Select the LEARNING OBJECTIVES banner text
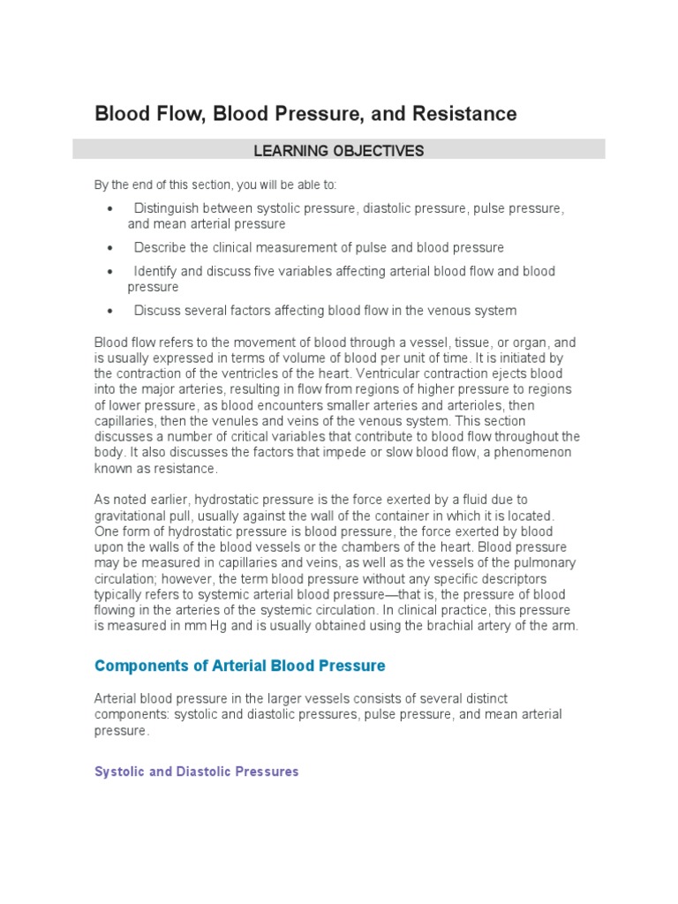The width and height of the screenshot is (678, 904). (x=339, y=151)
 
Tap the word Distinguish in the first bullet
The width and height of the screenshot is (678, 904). (x=167, y=208)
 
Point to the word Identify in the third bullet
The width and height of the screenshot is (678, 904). (x=155, y=272)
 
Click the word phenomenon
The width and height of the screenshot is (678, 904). (x=532, y=453)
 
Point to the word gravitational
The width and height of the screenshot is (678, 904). (x=131, y=516)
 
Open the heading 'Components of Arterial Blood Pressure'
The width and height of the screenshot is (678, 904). (x=239, y=665)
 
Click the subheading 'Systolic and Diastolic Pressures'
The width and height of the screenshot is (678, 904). (x=196, y=772)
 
